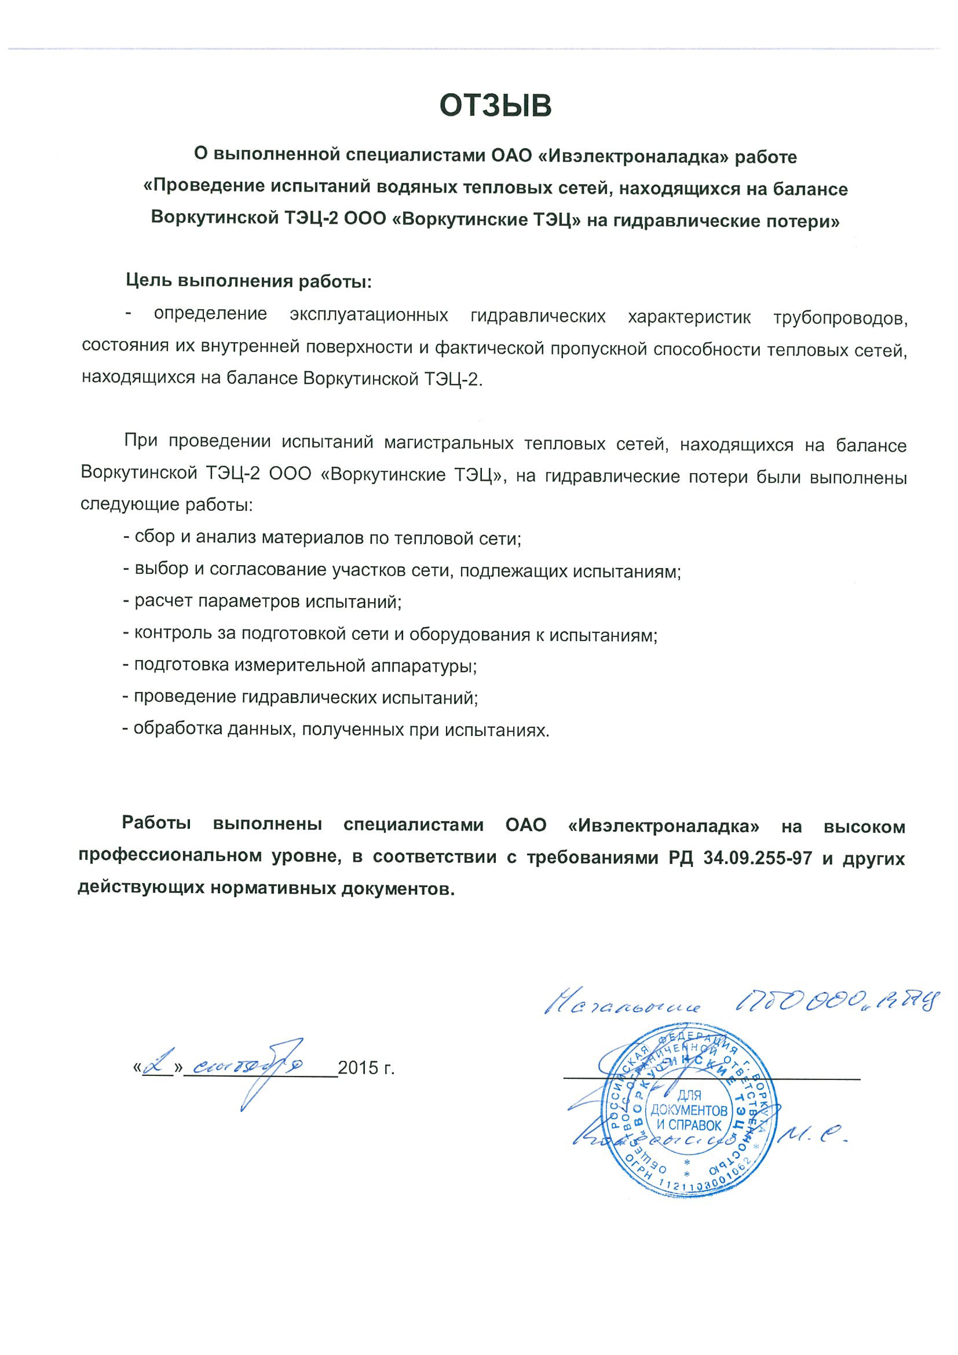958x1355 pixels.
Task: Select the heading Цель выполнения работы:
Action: [249, 281]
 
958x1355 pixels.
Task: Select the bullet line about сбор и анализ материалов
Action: [322, 538]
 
